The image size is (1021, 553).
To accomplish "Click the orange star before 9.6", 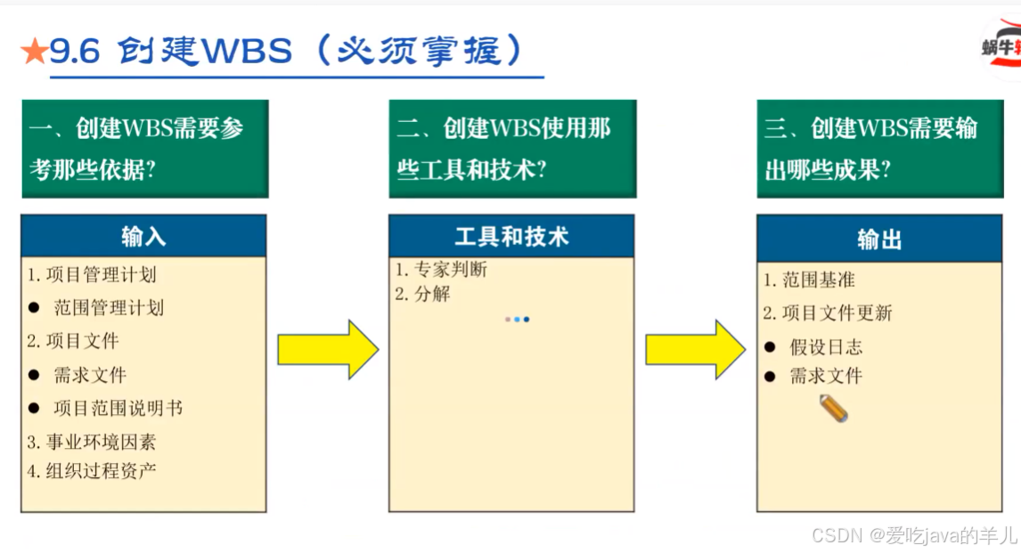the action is pyautogui.click(x=34, y=53).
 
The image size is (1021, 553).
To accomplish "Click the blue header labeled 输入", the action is pyautogui.click(x=143, y=237).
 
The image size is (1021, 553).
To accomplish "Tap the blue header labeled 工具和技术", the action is pyautogui.click(x=511, y=237).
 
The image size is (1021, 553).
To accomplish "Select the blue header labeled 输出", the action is pyautogui.click(x=879, y=239).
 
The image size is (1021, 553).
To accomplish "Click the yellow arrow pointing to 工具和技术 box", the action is pyautogui.click(x=328, y=349).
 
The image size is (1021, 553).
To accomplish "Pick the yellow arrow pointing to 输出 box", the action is pyautogui.click(x=695, y=349).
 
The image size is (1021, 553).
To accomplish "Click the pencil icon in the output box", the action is pyautogui.click(x=834, y=409).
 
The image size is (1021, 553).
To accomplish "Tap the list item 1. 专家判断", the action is pyautogui.click(x=441, y=270).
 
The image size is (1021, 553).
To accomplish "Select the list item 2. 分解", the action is pyautogui.click(x=423, y=294).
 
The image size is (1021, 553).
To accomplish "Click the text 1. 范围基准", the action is pyautogui.click(x=809, y=280).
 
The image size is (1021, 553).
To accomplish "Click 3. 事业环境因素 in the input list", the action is pyautogui.click(x=91, y=442).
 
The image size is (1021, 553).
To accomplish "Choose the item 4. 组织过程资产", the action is pyautogui.click(x=91, y=470).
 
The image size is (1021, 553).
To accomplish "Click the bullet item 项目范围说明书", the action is pyautogui.click(x=118, y=408).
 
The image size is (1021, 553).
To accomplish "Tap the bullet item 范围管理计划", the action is pyautogui.click(x=109, y=308).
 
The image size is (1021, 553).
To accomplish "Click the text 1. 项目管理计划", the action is pyautogui.click(x=91, y=275).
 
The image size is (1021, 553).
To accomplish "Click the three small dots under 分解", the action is pyautogui.click(x=517, y=319).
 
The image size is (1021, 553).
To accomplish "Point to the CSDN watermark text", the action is pyautogui.click(x=914, y=535).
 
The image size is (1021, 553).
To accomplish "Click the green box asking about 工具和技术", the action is pyautogui.click(x=512, y=149).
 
